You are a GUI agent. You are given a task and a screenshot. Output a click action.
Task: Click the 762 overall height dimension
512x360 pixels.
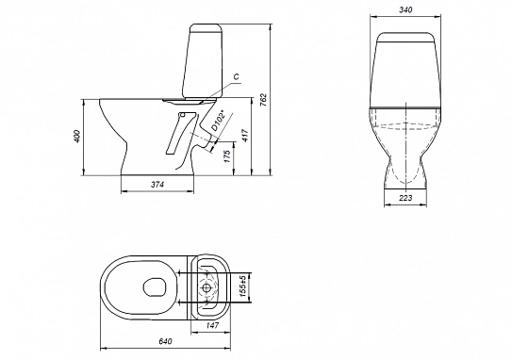264,100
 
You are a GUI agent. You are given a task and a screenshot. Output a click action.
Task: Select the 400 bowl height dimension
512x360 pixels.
77,137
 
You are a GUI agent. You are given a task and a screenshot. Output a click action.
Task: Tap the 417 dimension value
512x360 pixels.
245,135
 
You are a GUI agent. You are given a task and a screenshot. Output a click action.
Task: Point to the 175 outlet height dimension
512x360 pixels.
227,156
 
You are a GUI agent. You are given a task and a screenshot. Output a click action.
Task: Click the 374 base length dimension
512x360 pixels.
157,185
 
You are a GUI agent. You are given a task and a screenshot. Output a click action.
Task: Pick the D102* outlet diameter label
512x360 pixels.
219,121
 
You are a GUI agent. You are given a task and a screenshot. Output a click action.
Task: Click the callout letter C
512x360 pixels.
237,76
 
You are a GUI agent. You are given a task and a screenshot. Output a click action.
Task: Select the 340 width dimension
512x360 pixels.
405,10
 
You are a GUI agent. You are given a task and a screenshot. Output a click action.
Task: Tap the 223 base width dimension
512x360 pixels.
405,198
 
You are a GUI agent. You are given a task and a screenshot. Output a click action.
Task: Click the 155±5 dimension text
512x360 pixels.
242,286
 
